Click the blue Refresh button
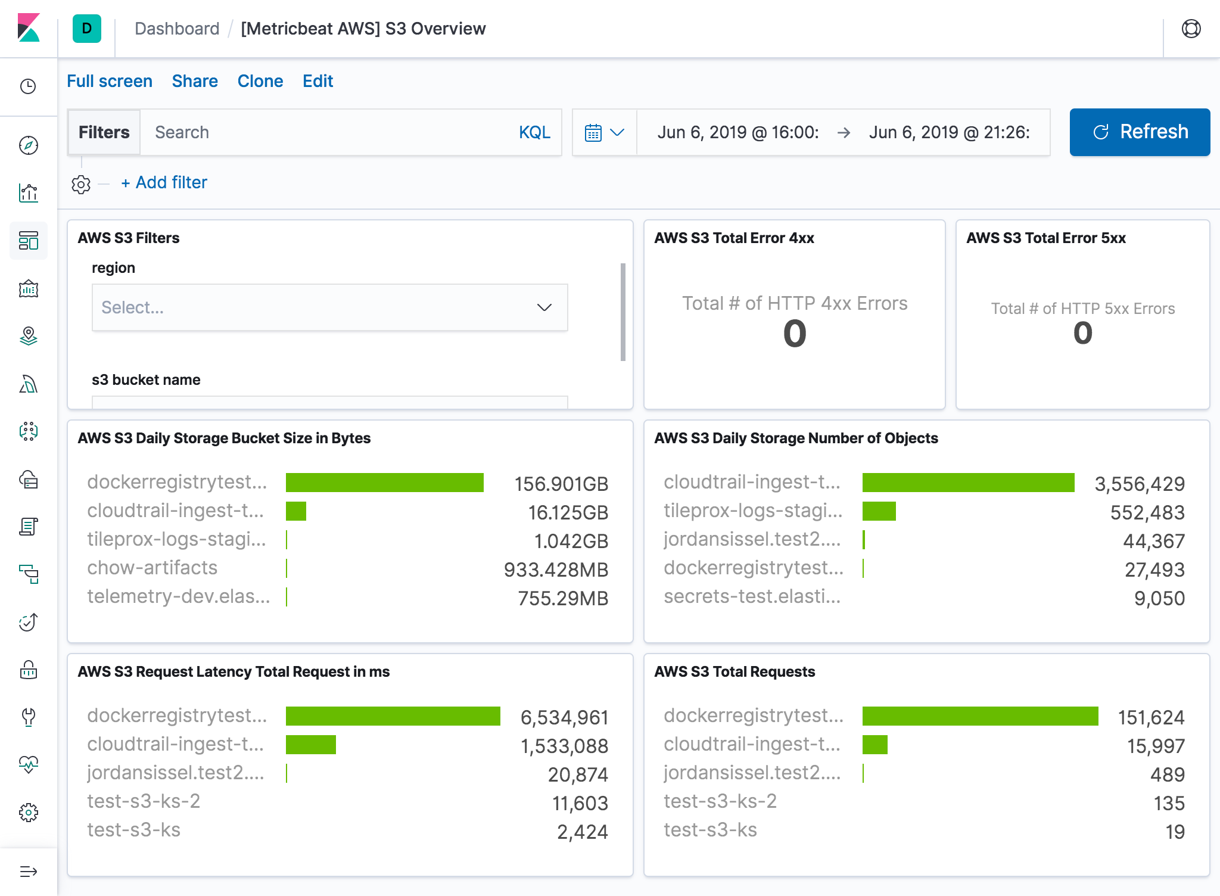pyautogui.click(x=1139, y=132)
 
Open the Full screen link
pyautogui.click(x=110, y=81)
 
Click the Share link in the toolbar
pyautogui.click(x=195, y=81)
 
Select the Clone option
pyautogui.click(x=260, y=81)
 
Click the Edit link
pyautogui.click(x=318, y=81)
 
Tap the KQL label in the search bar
pyautogui.click(x=534, y=132)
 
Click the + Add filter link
pyautogui.click(x=164, y=182)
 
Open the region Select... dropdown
pyautogui.click(x=329, y=307)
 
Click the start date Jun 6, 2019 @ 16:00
pyautogui.click(x=737, y=132)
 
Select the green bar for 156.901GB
pyautogui.click(x=385, y=483)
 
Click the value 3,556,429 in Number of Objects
pyautogui.click(x=1139, y=484)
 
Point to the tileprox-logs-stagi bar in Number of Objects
pyautogui.click(x=879, y=511)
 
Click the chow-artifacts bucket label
pyautogui.click(x=152, y=568)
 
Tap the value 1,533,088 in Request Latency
pyautogui.click(x=564, y=746)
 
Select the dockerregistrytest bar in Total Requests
pyautogui.click(x=980, y=716)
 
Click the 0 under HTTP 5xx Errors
pyautogui.click(x=1082, y=333)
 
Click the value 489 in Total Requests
pyautogui.click(x=1167, y=774)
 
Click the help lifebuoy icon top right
pyautogui.click(x=1191, y=29)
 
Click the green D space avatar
pyautogui.click(x=87, y=29)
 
